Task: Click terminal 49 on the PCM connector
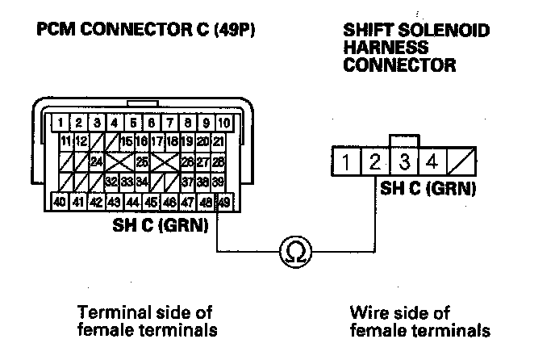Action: [x=224, y=203]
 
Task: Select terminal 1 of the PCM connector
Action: [x=61, y=123]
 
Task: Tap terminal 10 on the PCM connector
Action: [x=224, y=123]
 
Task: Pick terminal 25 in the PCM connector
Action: [x=142, y=162]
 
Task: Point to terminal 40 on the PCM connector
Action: [x=61, y=203]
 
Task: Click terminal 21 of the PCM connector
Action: [x=219, y=142]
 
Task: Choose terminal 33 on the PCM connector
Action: [x=127, y=182]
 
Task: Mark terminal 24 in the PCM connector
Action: [x=97, y=162]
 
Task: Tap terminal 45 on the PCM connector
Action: [x=151, y=203]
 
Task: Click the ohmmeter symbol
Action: [x=295, y=252]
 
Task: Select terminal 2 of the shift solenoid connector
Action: [x=375, y=161]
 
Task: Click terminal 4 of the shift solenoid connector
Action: [x=432, y=161]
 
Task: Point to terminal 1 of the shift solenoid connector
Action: [x=346, y=161]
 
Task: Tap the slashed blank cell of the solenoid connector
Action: [x=461, y=161]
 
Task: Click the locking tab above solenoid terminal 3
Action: [x=404, y=140]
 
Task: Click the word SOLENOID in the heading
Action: [x=444, y=30]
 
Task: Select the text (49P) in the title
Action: [x=234, y=29]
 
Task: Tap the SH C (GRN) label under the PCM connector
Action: [x=161, y=224]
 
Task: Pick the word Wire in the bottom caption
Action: [x=367, y=313]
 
